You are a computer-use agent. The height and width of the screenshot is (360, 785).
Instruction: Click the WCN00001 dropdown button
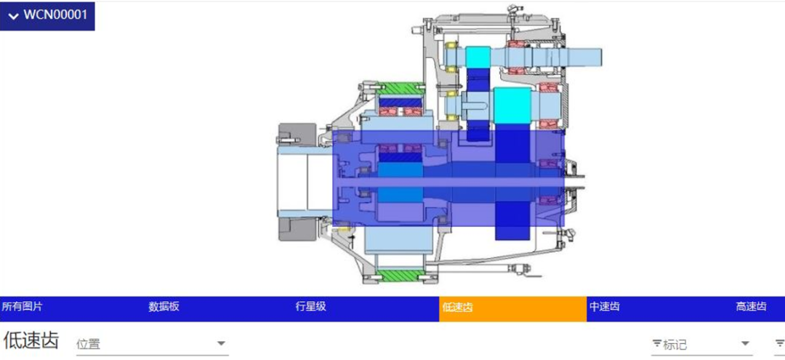[x=47, y=15]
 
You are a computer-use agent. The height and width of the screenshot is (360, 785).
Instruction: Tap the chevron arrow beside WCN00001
[x=14, y=16]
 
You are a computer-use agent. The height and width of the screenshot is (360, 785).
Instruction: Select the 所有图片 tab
[x=22, y=307]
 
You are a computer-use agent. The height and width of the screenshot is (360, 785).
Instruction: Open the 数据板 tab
[x=164, y=307]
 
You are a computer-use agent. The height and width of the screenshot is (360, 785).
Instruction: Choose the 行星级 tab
[x=311, y=307]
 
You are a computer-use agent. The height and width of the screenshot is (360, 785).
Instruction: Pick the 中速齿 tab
[x=604, y=307]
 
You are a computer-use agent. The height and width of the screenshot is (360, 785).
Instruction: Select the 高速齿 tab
[x=751, y=307]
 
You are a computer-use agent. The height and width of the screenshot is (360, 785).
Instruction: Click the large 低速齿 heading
[x=31, y=340]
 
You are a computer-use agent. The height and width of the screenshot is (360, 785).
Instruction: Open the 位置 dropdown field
[x=152, y=345]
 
